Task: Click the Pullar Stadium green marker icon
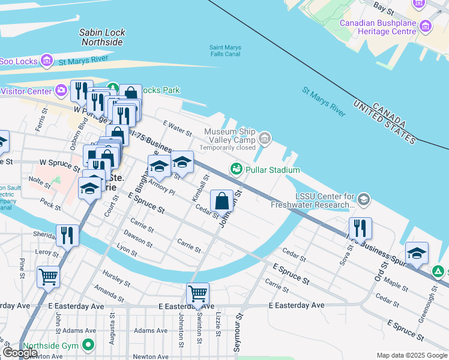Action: click(x=237, y=170)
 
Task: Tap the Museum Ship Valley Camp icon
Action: click(x=265, y=140)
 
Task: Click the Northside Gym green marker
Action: click(x=89, y=345)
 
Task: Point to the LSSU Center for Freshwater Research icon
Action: click(x=363, y=199)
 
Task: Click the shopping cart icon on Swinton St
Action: click(x=197, y=294)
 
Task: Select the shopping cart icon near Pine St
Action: click(x=48, y=277)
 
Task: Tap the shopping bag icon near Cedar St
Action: click(x=221, y=200)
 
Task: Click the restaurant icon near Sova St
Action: click(x=360, y=229)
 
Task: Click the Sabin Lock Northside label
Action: click(x=102, y=37)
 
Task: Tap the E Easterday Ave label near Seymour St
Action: click(x=297, y=305)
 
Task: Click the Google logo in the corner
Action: click(x=20, y=353)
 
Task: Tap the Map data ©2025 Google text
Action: click(x=411, y=355)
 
